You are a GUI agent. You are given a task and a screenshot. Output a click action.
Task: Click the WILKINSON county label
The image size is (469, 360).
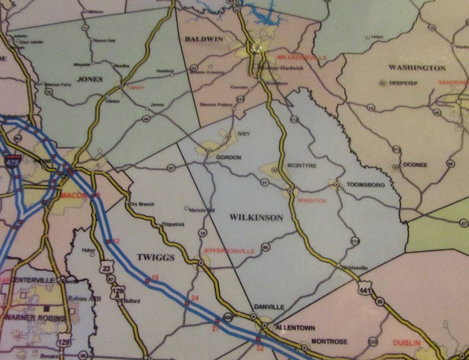pos(256,218)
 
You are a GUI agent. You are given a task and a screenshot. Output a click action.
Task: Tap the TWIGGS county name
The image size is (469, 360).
pos(155,258)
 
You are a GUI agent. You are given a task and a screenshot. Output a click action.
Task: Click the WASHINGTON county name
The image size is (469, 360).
pos(417,68)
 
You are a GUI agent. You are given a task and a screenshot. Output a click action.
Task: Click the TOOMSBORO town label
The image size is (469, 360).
pos(365,185)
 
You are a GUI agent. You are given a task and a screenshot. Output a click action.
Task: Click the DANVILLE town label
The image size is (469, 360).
pos(269,307)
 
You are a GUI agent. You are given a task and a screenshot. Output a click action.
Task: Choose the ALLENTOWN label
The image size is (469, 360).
pos(295,328)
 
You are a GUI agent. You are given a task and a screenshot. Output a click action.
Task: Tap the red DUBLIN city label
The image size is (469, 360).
pos(407,343)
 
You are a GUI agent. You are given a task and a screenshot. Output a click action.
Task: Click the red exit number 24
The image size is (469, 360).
pos(195,299)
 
